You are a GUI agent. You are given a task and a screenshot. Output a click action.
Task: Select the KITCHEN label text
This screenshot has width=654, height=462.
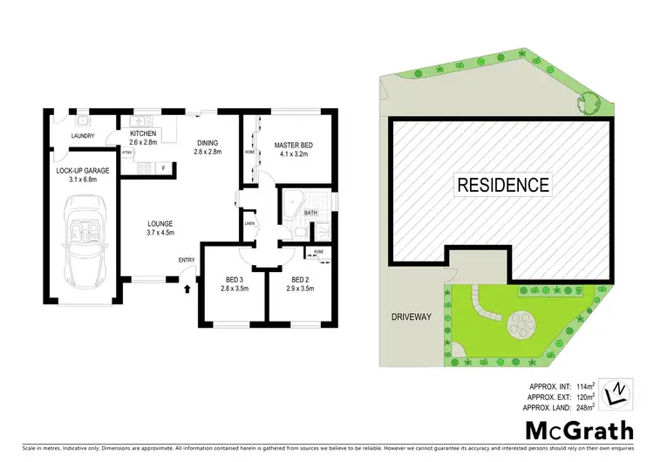(142, 133)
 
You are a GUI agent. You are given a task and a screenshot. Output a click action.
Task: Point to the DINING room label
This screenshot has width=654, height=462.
(207, 143)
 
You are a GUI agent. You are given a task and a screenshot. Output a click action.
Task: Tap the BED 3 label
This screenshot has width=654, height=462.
(229, 280)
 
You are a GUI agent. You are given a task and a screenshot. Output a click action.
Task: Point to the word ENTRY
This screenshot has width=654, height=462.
(187, 260)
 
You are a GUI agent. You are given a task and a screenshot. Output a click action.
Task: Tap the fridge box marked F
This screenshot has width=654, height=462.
(163, 166)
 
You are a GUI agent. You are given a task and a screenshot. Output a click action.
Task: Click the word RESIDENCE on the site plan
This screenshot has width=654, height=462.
(501, 185)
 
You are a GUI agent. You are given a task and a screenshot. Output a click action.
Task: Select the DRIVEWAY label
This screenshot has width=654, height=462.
(411, 317)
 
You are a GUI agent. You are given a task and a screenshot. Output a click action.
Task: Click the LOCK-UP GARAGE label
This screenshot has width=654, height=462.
(83, 171)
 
